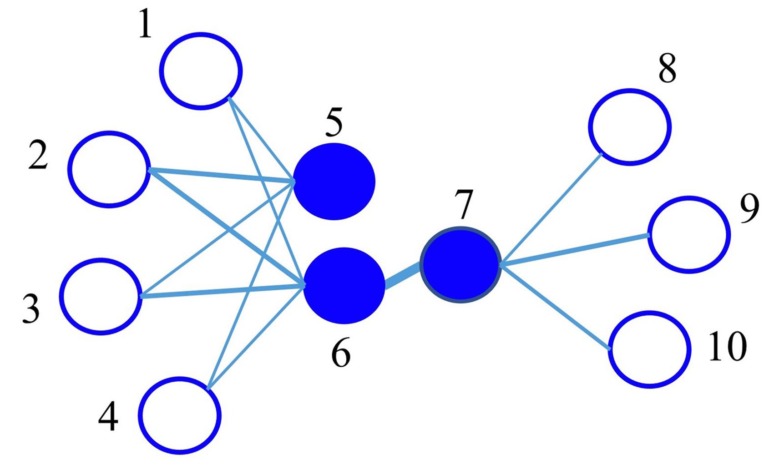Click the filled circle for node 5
[x=334, y=182]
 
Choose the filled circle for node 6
[x=344, y=286]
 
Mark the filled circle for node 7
[x=460, y=265]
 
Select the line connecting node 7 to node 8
[x=551, y=210]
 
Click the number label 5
[x=334, y=122]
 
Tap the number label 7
[x=464, y=204]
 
